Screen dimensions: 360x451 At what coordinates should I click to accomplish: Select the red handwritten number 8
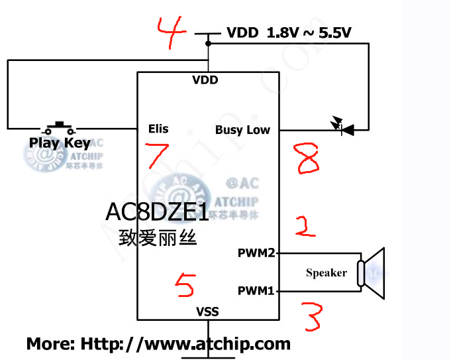click(308, 159)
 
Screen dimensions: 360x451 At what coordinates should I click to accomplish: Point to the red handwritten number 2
click(305, 225)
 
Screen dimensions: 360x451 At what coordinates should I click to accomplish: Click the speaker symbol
click(372, 272)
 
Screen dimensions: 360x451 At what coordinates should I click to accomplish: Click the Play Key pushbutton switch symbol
click(60, 126)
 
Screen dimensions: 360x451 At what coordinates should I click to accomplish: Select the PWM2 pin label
click(256, 253)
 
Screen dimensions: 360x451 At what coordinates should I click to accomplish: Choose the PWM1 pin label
click(256, 290)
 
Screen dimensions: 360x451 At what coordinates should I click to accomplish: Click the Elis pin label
click(158, 129)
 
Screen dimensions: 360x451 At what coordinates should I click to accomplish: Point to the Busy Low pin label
click(242, 130)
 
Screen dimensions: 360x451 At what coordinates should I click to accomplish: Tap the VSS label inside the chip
click(207, 311)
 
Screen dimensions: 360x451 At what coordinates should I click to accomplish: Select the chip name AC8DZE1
click(157, 211)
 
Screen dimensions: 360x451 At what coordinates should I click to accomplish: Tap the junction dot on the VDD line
click(208, 44)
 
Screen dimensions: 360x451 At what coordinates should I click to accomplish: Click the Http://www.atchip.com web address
click(185, 343)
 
